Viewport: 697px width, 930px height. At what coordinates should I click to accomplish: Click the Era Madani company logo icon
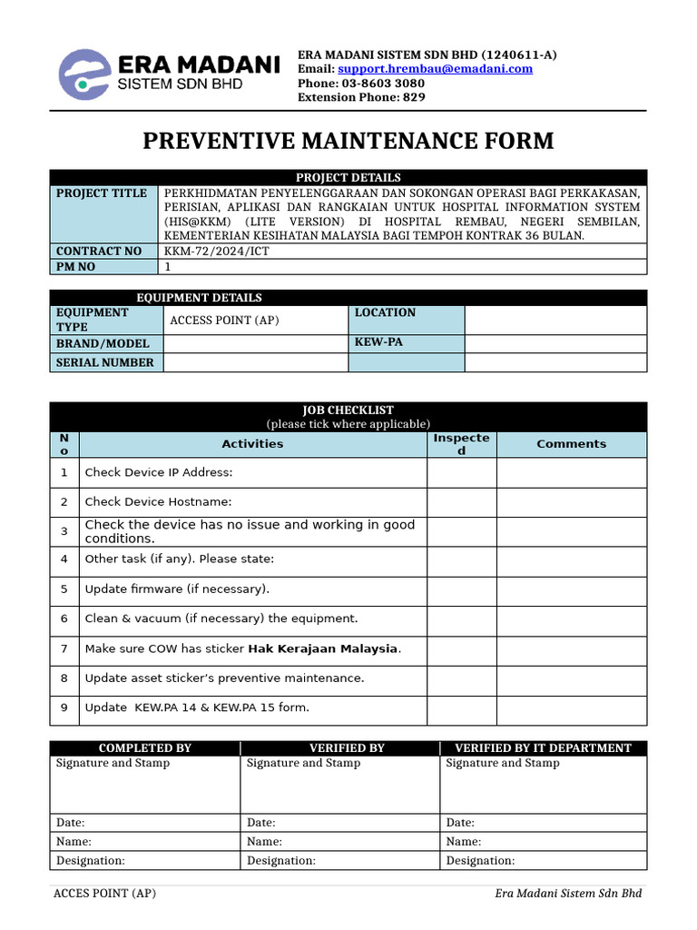coord(85,74)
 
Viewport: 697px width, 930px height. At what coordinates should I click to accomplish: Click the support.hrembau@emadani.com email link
coord(435,69)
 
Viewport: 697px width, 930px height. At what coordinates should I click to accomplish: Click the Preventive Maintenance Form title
coord(348,141)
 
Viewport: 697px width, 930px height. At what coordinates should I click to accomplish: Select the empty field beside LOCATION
coord(555,320)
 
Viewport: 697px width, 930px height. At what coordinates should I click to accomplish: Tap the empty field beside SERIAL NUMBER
coord(255,362)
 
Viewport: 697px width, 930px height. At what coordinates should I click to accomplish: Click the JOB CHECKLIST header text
coord(348,411)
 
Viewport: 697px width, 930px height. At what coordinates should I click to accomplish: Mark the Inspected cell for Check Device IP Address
coord(461,472)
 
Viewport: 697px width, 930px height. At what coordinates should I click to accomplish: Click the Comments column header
coord(571,444)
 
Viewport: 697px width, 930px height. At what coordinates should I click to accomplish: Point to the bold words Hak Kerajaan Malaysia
coord(323,648)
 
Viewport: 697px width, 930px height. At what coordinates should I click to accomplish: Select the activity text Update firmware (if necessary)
coord(177,589)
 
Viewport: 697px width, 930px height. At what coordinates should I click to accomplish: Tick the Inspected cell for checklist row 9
coord(461,708)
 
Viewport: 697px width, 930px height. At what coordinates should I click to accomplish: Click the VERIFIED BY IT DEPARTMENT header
coord(543,748)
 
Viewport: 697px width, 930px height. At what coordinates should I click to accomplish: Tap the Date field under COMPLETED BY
coord(145,823)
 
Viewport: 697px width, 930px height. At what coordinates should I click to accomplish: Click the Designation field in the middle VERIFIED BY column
coord(339,861)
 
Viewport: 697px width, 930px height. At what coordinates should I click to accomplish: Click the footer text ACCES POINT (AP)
coord(104,894)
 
